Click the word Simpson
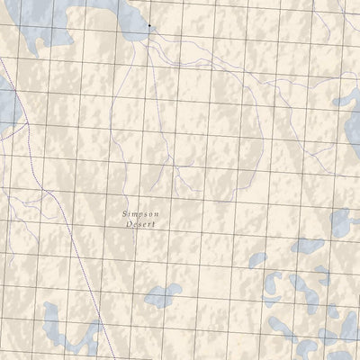(141, 213)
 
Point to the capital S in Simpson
(125, 213)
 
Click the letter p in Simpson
(141, 214)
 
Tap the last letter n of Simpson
(157, 213)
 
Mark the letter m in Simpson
(135, 213)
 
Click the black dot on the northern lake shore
(149, 26)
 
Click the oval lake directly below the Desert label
(163, 294)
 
